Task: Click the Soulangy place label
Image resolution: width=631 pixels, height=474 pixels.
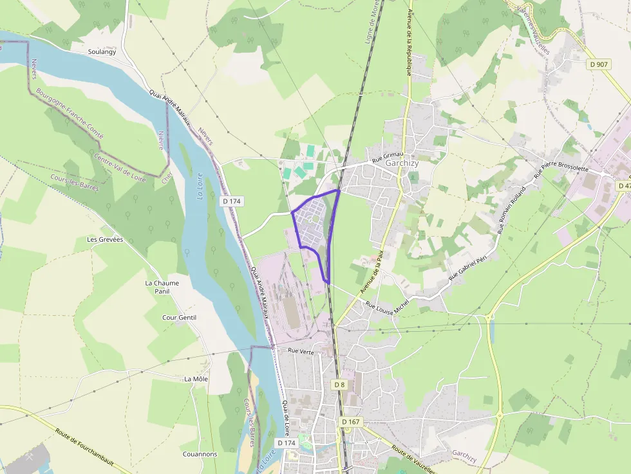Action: coord(102,51)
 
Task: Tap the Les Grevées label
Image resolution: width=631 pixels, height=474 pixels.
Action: coord(105,239)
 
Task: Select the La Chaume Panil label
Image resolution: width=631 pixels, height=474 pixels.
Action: coord(162,287)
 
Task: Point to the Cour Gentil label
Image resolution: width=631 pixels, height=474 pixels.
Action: coord(179,318)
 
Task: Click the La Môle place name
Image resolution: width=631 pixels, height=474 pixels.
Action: coord(196,379)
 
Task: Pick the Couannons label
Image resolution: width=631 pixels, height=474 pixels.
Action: coord(200,454)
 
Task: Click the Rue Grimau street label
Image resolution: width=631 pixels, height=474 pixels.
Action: coord(387,155)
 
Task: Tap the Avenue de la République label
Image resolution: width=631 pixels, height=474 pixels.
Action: coord(409,39)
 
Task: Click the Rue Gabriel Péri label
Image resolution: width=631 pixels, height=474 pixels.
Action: coord(473,266)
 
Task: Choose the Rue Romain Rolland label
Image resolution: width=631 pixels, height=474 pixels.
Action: coord(511,210)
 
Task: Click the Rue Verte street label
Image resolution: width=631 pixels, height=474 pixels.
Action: coord(301,351)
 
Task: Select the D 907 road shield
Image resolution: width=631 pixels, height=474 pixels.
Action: coord(599,64)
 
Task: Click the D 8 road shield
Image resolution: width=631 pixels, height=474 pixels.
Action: coord(339,384)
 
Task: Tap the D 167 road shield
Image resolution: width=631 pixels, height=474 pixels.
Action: coord(350,422)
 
